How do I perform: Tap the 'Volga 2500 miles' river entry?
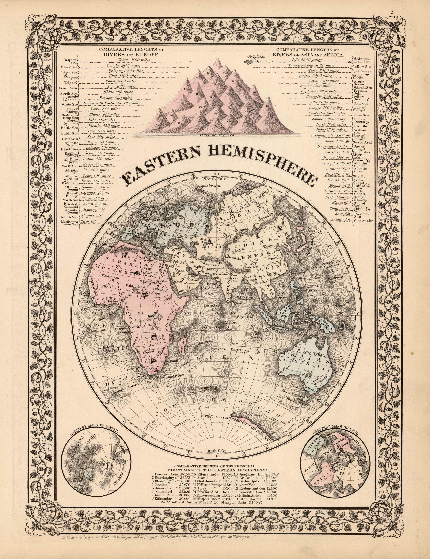(x=131, y=60)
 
